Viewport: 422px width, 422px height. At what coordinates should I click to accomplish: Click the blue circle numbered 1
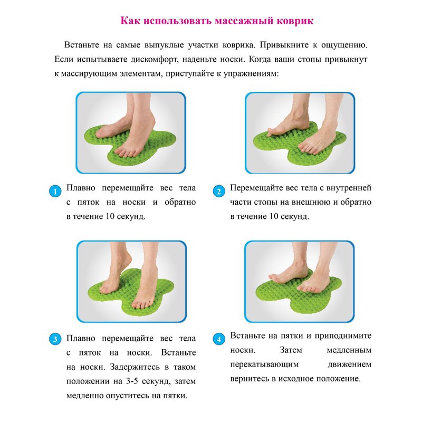[x=55, y=191]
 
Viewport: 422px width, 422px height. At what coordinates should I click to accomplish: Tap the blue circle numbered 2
[x=219, y=191]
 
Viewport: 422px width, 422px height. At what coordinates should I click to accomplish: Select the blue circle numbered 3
[x=55, y=339]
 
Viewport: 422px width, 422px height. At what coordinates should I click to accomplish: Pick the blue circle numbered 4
[x=219, y=339]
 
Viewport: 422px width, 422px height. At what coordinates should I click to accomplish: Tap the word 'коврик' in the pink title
[x=295, y=21]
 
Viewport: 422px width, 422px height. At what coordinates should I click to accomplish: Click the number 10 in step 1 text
[x=110, y=216]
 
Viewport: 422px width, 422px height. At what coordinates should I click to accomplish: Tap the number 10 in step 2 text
[x=273, y=216]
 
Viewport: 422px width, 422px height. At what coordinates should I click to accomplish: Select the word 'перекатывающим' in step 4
[x=264, y=365]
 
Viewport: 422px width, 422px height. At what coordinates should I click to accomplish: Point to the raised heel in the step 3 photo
[x=126, y=259]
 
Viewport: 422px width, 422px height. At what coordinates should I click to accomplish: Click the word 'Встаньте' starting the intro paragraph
[x=82, y=45]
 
